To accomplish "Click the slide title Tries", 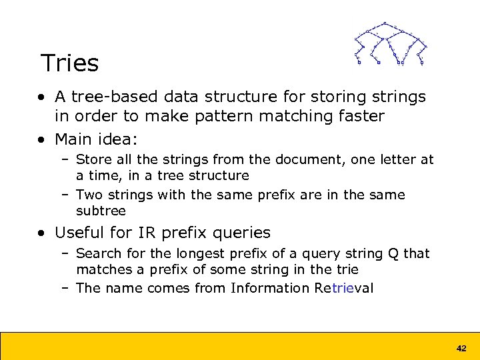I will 69,63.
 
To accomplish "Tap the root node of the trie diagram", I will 385,23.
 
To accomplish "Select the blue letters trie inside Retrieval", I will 341,288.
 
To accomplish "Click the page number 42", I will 461,348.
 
